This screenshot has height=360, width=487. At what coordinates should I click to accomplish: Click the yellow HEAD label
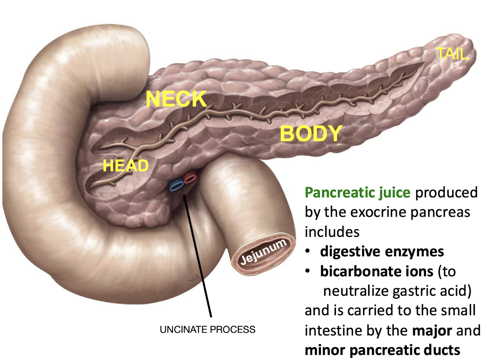[x=125, y=166]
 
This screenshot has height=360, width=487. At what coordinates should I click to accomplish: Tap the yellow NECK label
[x=176, y=99]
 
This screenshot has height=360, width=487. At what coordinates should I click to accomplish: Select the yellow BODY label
[x=311, y=134]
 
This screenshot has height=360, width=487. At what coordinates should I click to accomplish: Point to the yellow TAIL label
[x=452, y=54]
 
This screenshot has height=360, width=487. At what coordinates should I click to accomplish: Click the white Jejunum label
[x=263, y=252]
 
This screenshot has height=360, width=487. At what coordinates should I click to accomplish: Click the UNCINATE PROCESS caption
[x=207, y=330]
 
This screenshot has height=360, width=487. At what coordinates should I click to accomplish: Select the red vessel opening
[x=190, y=178]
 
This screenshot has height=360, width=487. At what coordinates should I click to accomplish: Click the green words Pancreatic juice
[x=357, y=193]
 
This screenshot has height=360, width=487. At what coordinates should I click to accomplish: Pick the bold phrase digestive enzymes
[x=382, y=252]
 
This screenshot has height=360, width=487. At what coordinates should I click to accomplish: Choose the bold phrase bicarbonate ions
[x=377, y=271]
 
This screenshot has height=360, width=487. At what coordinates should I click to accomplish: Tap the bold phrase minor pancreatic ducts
[x=382, y=350]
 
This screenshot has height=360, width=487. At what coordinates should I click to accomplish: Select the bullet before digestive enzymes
[x=308, y=252]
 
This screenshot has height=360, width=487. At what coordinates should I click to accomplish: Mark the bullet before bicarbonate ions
[x=308, y=271]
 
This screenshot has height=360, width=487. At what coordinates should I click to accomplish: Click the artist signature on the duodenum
[x=194, y=279]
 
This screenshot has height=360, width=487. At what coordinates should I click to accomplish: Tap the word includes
[x=332, y=232]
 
